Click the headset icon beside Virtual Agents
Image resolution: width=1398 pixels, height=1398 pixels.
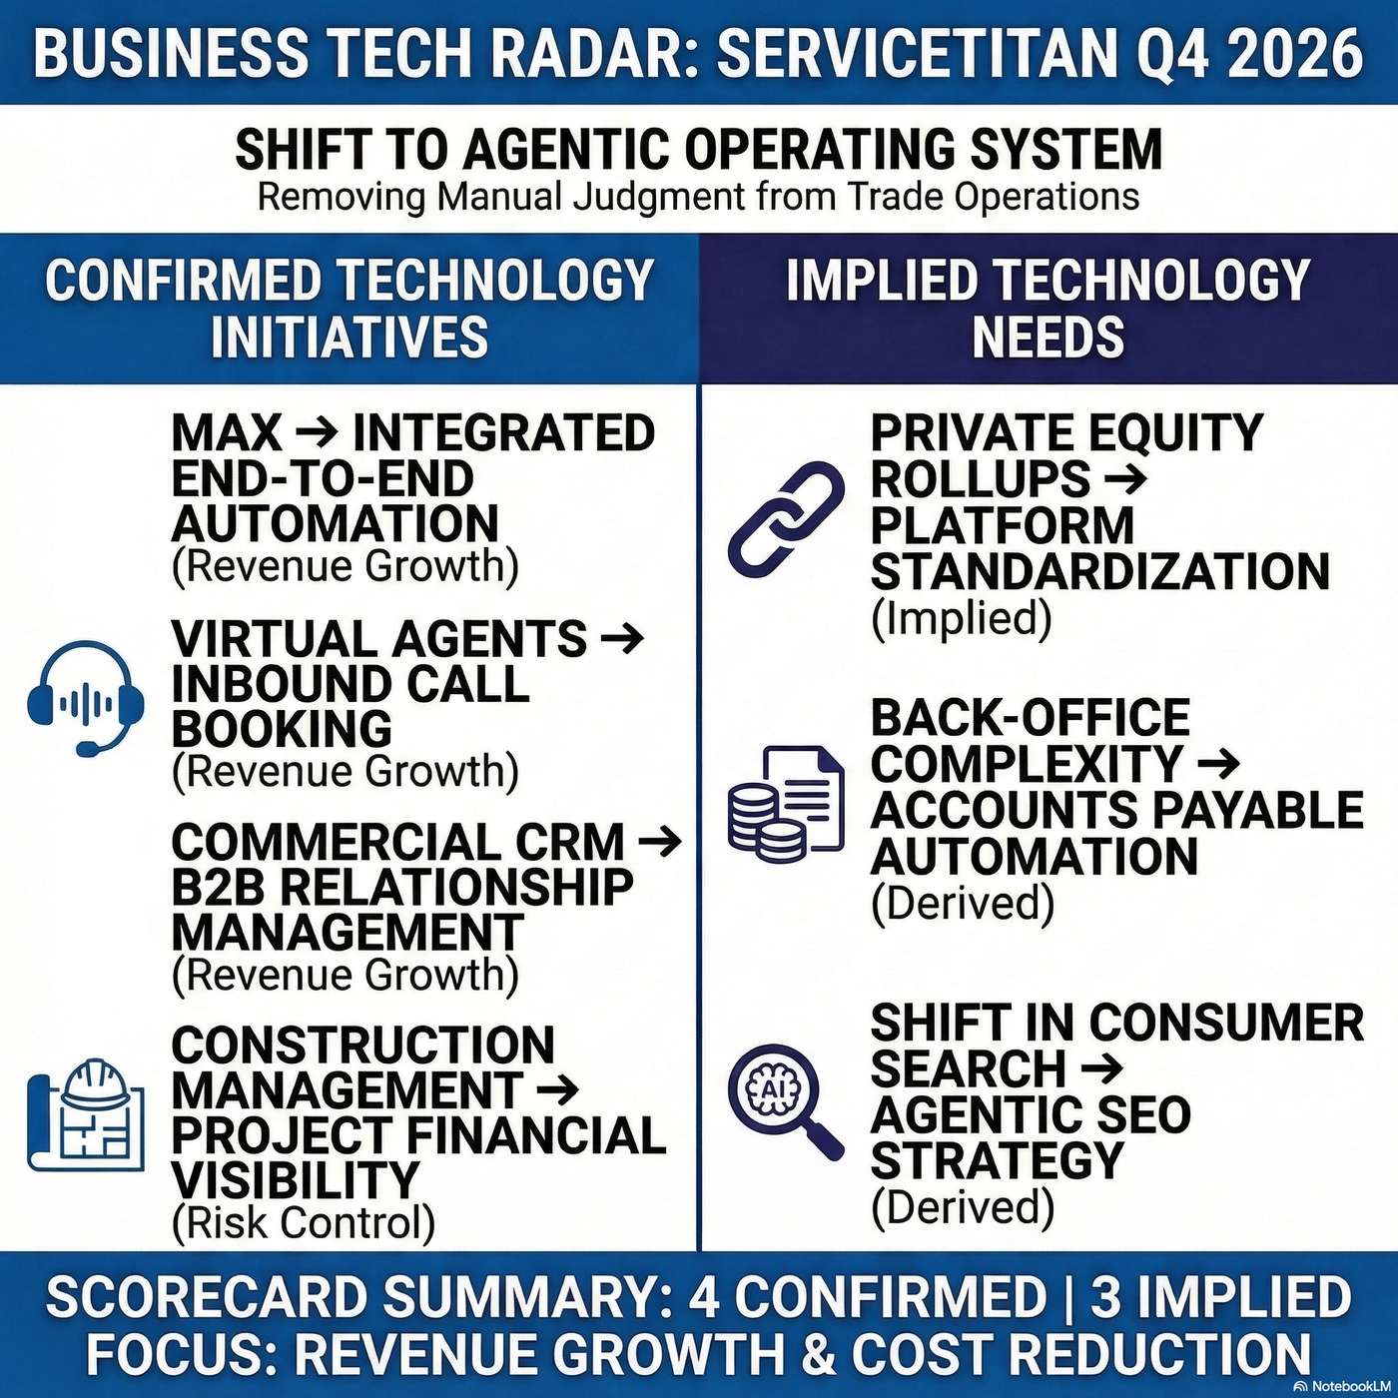pos(86,698)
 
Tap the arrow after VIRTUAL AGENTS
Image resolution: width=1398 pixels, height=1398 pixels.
pos(625,638)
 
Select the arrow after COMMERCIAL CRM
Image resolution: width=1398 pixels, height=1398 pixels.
pos(660,842)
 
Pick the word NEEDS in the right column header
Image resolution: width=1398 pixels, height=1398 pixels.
pos(1048,337)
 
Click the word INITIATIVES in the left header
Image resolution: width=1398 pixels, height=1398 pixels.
pos(349,337)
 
